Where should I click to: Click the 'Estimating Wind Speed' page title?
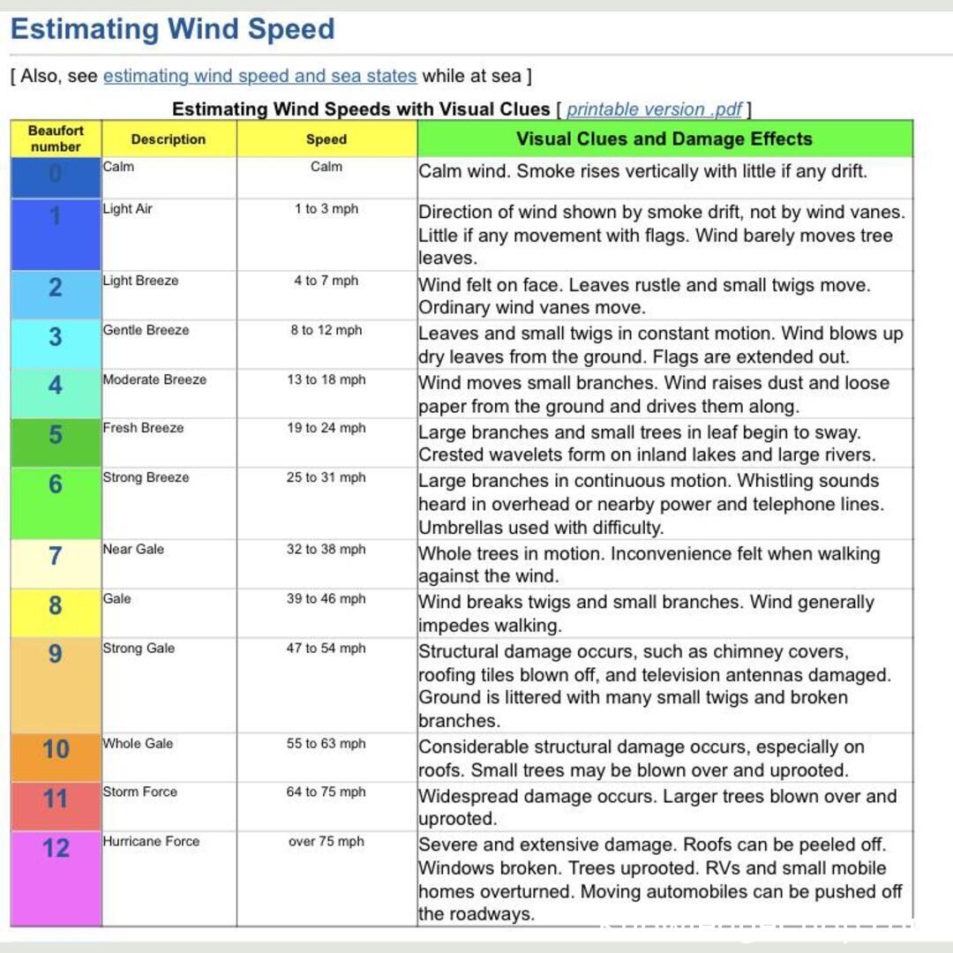pyautogui.click(x=173, y=29)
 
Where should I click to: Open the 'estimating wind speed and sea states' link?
pyautogui.click(x=259, y=76)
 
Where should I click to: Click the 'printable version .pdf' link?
pyautogui.click(x=655, y=109)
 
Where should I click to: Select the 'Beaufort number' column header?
pyautogui.click(x=56, y=139)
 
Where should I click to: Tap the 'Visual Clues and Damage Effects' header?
pyautogui.click(x=664, y=139)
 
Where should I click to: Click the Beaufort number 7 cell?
pyautogui.click(x=56, y=557)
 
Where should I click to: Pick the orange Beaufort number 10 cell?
pyautogui.click(x=56, y=750)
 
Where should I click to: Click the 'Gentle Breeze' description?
pyautogui.click(x=146, y=330)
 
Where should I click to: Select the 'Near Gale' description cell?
pyautogui.click(x=134, y=549)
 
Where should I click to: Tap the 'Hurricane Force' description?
pyautogui.click(x=151, y=841)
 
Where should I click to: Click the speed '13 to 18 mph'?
pyautogui.click(x=326, y=379)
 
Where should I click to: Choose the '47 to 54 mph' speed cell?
pyautogui.click(x=326, y=648)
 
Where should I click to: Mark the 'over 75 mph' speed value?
pyautogui.click(x=326, y=841)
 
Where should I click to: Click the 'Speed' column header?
pyautogui.click(x=326, y=139)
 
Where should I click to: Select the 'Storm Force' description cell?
pyautogui.click(x=139, y=792)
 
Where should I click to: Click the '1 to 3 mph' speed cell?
pyautogui.click(x=326, y=209)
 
